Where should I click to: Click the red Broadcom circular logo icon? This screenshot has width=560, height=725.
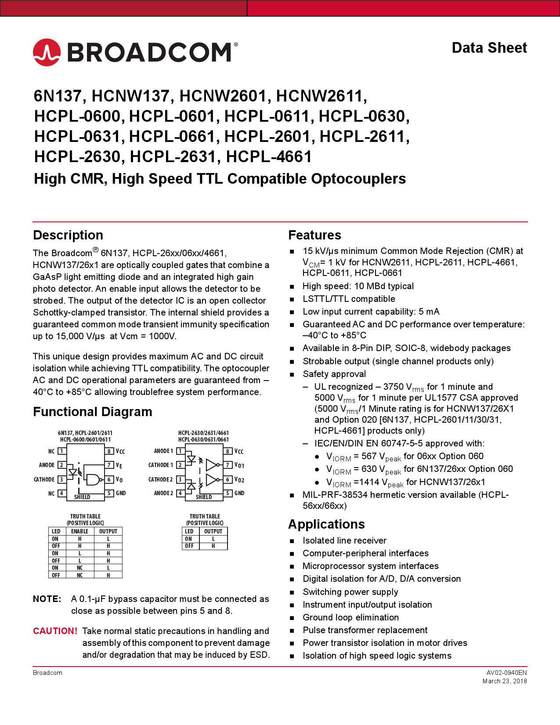click(47, 52)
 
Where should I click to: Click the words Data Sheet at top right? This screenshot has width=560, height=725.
click(489, 48)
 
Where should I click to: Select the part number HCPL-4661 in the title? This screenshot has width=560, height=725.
click(269, 157)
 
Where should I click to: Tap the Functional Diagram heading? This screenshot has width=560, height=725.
click(93, 412)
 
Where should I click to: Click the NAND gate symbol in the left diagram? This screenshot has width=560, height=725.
click(93, 479)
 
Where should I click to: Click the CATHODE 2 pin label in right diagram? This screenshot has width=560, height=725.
click(160, 479)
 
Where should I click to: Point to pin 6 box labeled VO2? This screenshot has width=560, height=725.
click(228, 479)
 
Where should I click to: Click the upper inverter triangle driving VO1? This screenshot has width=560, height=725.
click(212, 465)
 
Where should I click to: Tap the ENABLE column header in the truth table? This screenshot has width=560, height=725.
click(79, 531)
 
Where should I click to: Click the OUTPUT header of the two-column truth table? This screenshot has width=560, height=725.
click(213, 531)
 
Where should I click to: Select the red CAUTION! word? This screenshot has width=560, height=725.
click(55, 631)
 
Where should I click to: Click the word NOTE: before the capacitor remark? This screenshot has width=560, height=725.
click(47, 599)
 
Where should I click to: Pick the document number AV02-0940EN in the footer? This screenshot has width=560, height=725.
click(506, 673)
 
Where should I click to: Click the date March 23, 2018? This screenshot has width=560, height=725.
click(504, 681)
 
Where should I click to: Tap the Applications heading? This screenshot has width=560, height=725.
click(326, 524)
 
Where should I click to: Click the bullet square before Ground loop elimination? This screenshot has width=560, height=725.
click(292, 618)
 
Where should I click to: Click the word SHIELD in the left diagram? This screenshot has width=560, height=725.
click(82, 497)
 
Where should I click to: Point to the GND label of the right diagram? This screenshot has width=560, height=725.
click(239, 493)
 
